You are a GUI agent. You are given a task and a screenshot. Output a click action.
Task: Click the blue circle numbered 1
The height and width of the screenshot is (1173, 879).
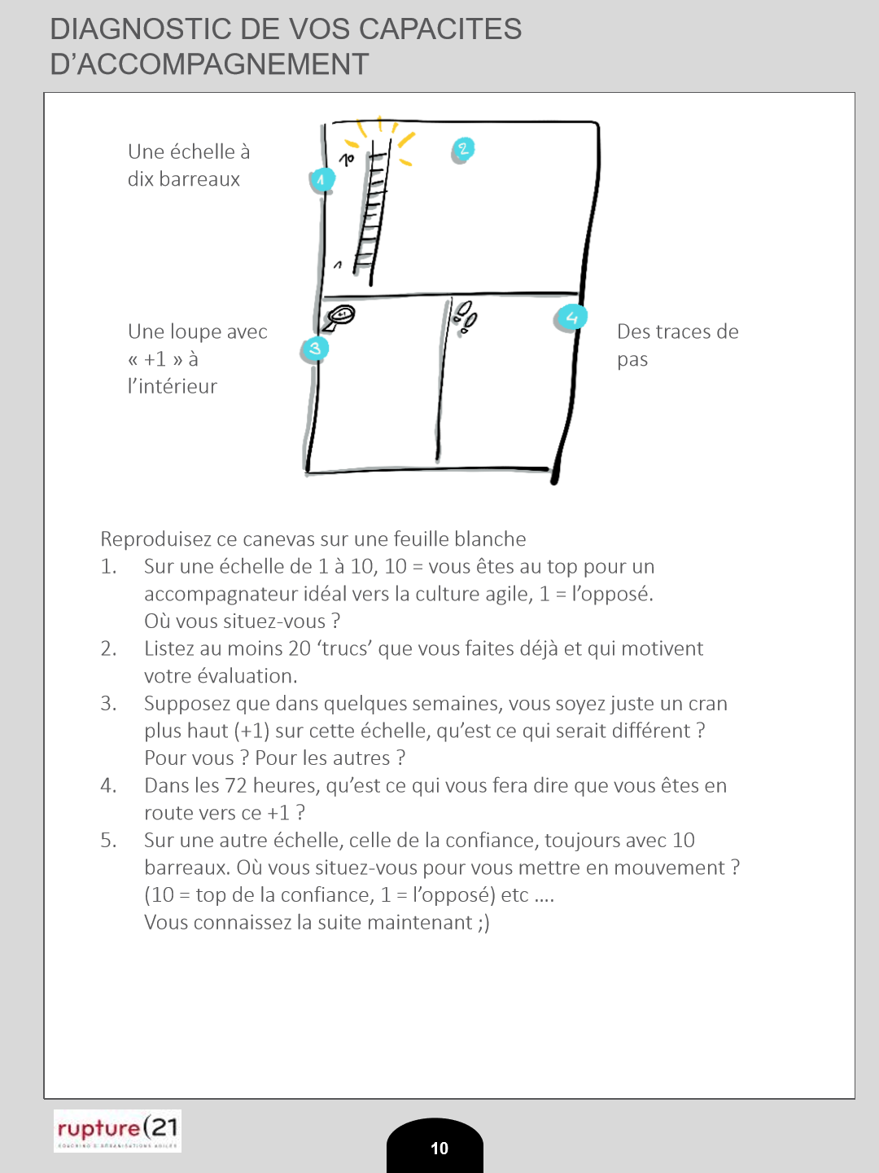(322, 180)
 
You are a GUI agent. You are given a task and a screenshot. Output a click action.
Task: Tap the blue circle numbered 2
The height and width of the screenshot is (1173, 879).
(462, 149)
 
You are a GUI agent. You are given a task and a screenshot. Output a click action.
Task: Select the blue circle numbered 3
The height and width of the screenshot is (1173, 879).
(314, 349)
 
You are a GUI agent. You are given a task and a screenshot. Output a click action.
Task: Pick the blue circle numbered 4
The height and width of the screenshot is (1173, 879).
(571, 317)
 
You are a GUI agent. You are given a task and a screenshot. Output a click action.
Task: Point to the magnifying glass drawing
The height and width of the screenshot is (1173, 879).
(340, 316)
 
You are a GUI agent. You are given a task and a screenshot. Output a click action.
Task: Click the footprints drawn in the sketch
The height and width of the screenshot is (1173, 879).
(466, 317)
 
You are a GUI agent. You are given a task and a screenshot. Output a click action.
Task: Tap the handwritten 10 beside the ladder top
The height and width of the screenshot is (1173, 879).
(347, 160)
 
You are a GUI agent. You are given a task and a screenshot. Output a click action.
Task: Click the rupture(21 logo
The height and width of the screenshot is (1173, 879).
(117, 1131)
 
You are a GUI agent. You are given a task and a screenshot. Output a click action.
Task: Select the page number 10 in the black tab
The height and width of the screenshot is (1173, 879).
(439, 1148)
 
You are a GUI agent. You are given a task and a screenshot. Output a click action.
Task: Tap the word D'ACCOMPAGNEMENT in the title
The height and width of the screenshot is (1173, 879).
(209, 64)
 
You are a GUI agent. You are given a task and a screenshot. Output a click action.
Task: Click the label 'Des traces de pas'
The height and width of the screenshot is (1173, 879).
(677, 345)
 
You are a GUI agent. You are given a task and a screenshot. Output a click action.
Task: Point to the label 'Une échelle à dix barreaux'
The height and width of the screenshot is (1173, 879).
(188, 165)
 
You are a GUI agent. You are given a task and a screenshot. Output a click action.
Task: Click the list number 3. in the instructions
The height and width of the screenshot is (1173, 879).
(108, 703)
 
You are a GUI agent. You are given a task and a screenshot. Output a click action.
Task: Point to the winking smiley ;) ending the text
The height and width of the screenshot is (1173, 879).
(483, 923)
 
